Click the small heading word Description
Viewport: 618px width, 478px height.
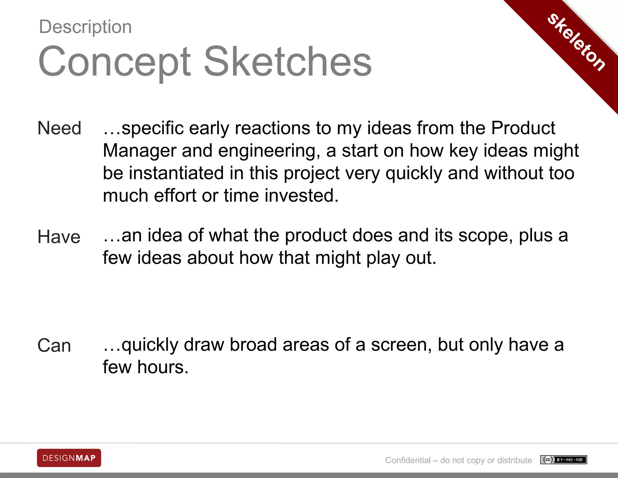click(85, 27)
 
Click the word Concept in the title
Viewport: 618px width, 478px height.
click(115, 62)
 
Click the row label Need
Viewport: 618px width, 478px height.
click(59, 128)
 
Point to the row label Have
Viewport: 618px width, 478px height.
click(59, 237)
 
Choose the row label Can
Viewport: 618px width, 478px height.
click(54, 345)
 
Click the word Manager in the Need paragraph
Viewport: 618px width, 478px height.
click(140, 150)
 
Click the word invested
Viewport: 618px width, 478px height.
click(301, 195)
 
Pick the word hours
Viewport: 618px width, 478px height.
click(163, 367)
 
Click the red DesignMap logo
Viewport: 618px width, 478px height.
click(69, 458)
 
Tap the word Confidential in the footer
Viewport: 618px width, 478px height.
click(408, 460)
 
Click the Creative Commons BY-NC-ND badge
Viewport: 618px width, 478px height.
click(563, 460)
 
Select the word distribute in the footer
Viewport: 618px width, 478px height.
click(514, 460)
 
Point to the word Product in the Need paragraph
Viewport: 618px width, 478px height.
click(523, 128)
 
